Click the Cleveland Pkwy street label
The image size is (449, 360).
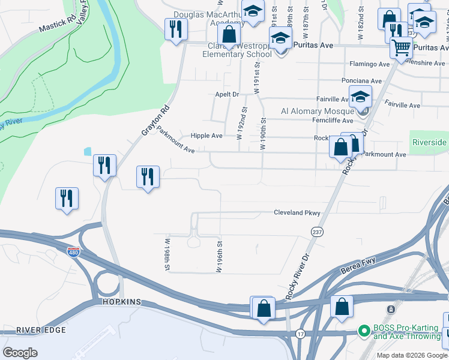[x=297, y=213]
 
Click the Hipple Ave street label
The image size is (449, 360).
[x=206, y=136]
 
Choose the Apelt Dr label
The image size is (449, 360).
[x=227, y=95]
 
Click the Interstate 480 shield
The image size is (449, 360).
[x=73, y=251]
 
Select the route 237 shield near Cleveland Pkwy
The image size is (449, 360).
[x=318, y=232]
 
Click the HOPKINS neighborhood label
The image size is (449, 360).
[x=121, y=302]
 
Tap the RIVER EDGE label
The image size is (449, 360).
[x=36, y=330]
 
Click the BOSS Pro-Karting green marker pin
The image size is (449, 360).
[x=363, y=331]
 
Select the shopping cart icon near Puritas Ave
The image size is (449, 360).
[x=400, y=47]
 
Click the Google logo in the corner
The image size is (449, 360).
[x=20, y=353]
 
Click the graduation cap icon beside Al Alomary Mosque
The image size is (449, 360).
[x=360, y=96]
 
